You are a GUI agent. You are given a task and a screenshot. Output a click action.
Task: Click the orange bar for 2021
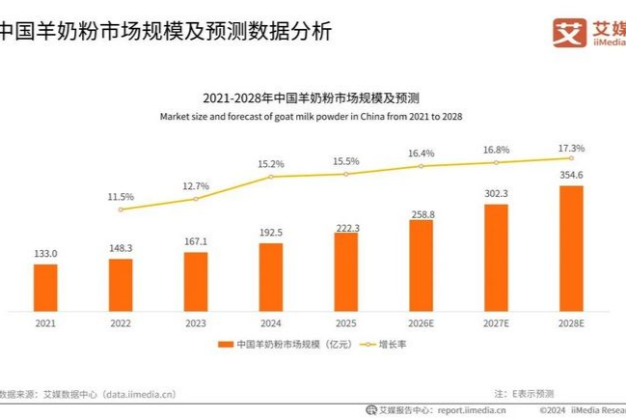pyautogui.click(x=45, y=288)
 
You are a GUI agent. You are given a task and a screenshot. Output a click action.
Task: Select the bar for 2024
pyautogui.click(x=271, y=277)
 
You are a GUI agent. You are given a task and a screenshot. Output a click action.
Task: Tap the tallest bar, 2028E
pyautogui.click(x=571, y=248)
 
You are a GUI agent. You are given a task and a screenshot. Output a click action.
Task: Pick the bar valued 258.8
pyautogui.click(x=422, y=265)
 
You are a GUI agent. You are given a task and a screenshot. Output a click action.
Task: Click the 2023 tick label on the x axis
pyautogui.click(x=196, y=323)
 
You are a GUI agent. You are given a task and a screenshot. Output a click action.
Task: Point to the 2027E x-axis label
pyautogui.click(x=496, y=323)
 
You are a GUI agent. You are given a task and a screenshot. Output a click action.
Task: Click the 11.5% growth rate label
pyautogui.click(x=121, y=197)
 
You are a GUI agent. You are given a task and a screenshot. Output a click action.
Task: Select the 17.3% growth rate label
pyautogui.click(x=571, y=148)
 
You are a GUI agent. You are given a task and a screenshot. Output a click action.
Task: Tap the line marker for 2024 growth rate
pyautogui.click(x=271, y=177)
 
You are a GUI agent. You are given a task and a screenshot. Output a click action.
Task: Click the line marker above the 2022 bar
pyautogui.click(x=121, y=209)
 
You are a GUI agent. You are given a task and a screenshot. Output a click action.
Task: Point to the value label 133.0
pyautogui.click(x=45, y=253)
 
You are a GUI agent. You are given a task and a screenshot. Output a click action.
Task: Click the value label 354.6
pyautogui.click(x=571, y=175)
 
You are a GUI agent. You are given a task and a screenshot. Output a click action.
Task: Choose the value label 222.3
pyautogui.click(x=346, y=226)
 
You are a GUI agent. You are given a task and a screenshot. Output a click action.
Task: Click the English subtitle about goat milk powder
pyautogui.click(x=311, y=116)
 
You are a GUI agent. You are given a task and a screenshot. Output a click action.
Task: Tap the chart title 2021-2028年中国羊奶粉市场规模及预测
pyautogui.click(x=311, y=98)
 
